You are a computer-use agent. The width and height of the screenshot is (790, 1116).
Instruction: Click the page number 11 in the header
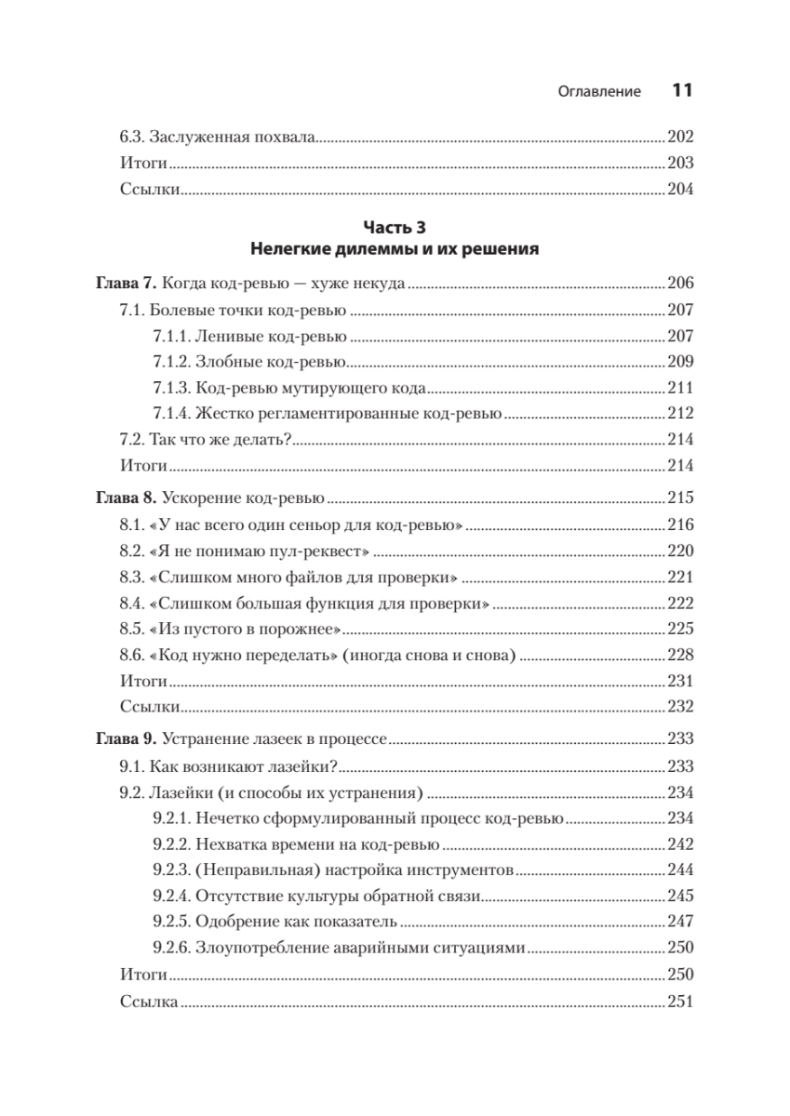click(x=681, y=91)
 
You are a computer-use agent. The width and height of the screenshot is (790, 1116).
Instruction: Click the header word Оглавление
click(x=599, y=92)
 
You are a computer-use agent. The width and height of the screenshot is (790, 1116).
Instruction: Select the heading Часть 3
click(x=395, y=228)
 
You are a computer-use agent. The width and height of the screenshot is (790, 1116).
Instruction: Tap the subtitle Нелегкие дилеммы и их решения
click(x=395, y=249)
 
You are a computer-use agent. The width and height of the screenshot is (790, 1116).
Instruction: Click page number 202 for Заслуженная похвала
click(x=681, y=138)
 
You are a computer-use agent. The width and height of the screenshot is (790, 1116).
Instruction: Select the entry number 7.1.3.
click(x=173, y=388)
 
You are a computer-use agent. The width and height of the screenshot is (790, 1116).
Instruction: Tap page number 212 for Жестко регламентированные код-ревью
click(x=681, y=414)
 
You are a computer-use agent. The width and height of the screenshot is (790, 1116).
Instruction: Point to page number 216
click(x=681, y=525)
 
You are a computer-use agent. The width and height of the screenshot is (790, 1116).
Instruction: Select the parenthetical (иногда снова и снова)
click(x=428, y=655)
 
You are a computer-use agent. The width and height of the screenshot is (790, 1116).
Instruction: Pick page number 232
click(x=681, y=707)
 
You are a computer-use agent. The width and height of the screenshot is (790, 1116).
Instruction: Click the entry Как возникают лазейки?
click(x=246, y=767)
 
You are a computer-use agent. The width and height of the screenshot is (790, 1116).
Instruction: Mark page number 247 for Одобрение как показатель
click(x=681, y=923)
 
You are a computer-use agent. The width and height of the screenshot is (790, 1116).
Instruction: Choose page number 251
click(x=681, y=1003)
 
